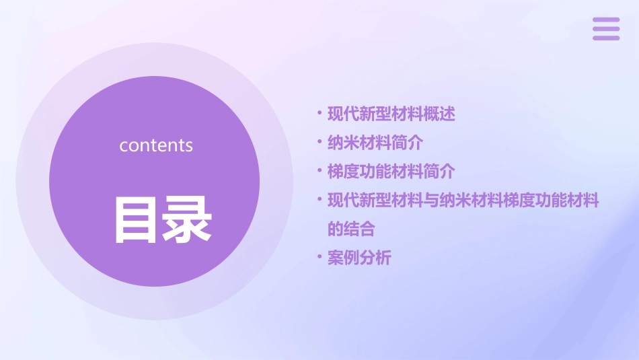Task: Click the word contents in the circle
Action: pos(156,145)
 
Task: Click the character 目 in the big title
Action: pos(137,219)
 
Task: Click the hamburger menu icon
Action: pos(606,29)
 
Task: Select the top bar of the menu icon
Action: pos(606,20)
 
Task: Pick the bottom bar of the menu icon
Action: pos(606,38)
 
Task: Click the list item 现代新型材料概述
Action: pos(391,114)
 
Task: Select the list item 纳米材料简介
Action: pos(375,143)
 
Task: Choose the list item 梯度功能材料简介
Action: pos(391,172)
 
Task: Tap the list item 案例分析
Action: pos(359,258)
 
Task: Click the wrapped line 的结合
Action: pos(350,229)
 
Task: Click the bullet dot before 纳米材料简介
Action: pos(319,142)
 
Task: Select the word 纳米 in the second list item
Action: pos(342,143)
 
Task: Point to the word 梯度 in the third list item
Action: pos(342,172)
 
